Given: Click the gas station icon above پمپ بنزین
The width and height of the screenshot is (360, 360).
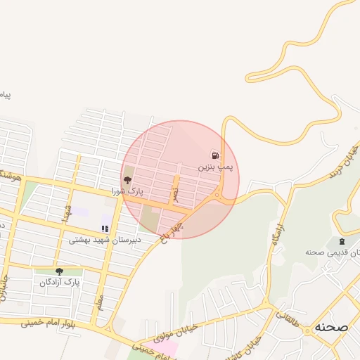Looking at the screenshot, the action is click(x=214, y=155).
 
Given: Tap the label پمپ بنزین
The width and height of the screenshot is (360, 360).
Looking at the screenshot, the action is click(x=214, y=167).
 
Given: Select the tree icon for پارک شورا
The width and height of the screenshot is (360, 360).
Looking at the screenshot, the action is click(x=127, y=180).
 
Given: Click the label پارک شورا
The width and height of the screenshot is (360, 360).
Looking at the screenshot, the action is click(x=127, y=191).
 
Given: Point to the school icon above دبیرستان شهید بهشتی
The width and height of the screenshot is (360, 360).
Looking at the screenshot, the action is click(x=105, y=229).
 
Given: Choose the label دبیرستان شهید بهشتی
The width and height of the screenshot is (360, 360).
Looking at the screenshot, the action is click(x=105, y=240).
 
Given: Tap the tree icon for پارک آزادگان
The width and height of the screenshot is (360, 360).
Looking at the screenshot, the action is click(x=59, y=271).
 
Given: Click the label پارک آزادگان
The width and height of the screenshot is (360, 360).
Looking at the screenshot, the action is click(x=60, y=283).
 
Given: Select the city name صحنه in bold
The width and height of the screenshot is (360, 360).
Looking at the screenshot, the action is click(x=331, y=327).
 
